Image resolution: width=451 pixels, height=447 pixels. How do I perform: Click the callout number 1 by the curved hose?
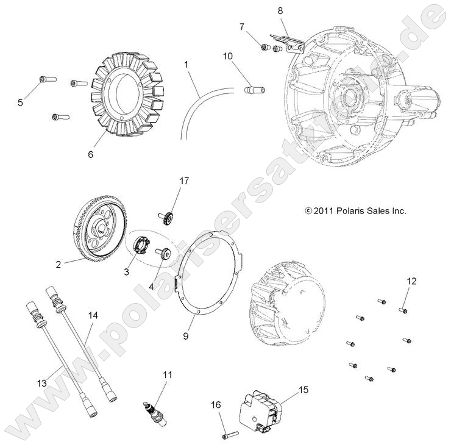tap(186, 63)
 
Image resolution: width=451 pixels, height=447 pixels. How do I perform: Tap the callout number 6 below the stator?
tap(91, 154)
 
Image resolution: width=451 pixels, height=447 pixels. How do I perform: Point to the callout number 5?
tap(20, 102)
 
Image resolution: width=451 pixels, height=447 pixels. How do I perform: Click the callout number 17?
tap(184, 181)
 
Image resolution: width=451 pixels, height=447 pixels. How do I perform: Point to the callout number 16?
tap(215, 404)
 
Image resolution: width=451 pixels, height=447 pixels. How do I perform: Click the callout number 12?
tap(412, 281)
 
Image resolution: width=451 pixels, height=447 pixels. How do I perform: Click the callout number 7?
tap(241, 27)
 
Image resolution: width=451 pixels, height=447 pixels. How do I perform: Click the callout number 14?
tap(93, 315)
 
